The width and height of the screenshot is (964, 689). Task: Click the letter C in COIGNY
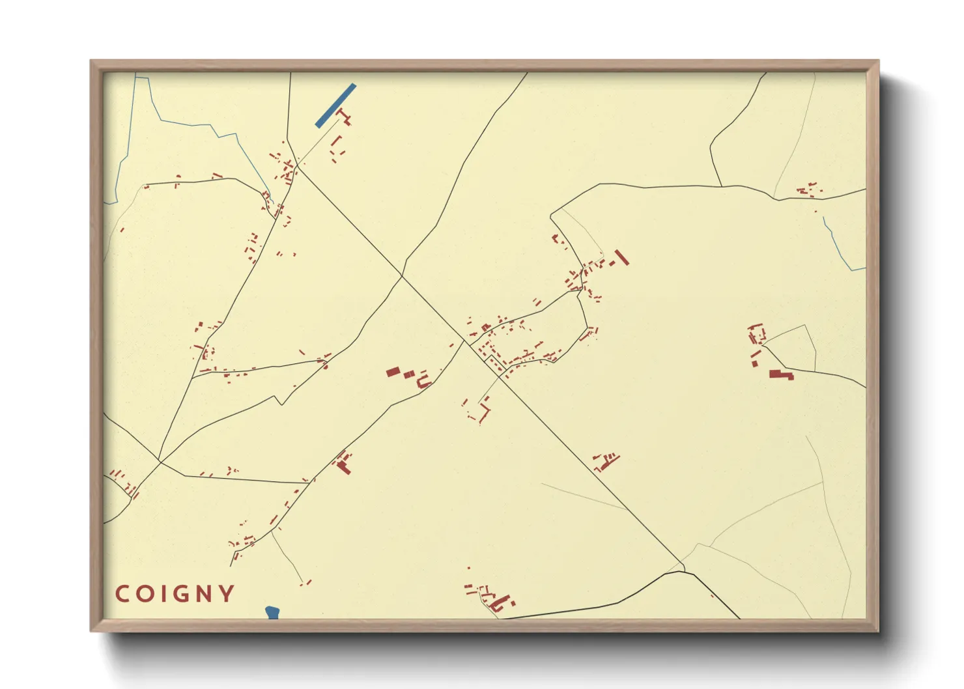(122, 594)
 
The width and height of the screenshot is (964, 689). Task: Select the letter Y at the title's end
(227, 594)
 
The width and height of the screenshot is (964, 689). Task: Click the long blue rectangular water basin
(335, 105)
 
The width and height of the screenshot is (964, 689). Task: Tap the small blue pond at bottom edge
(272, 612)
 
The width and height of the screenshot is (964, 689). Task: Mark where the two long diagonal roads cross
(402, 277)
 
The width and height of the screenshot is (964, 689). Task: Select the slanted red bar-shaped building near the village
(621, 257)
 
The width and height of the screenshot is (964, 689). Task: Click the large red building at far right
(780, 374)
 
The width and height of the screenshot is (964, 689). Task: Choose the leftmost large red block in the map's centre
(393, 372)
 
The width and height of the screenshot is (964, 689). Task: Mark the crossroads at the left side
(160, 462)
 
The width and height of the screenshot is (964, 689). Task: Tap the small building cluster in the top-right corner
(808, 190)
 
